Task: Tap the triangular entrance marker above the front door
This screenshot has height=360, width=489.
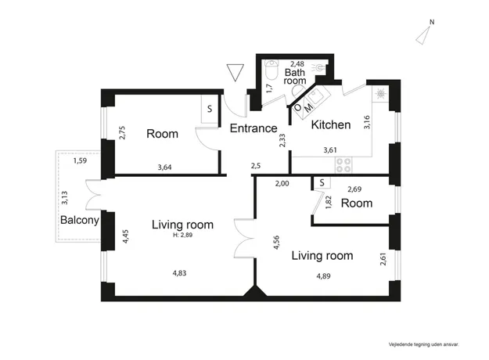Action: pyautogui.click(x=236, y=72)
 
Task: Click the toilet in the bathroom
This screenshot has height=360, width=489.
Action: pyautogui.click(x=271, y=70)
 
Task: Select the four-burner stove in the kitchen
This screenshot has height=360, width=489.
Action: pyautogui.click(x=343, y=165)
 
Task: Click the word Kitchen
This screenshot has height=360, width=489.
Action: pyautogui.click(x=331, y=124)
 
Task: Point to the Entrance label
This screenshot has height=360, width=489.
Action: pyautogui.click(x=253, y=128)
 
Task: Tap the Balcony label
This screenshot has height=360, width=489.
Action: pyautogui.click(x=80, y=220)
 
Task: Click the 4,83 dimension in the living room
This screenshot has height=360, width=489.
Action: pyautogui.click(x=179, y=273)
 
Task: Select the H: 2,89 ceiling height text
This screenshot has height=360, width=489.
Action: pyautogui.click(x=183, y=235)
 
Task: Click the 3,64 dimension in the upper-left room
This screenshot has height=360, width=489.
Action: pyautogui.click(x=164, y=167)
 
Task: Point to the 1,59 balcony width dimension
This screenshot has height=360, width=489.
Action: pyautogui.click(x=80, y=161)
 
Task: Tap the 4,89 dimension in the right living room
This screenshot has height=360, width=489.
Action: pyautogui.click(x=323, y=276)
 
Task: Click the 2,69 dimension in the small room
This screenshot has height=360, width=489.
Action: pyautogui.click(x=354, y=189)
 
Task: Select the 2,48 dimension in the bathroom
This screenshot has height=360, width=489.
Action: pyautogui.click(x=297, y=64)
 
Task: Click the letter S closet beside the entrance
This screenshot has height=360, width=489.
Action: pyautogui.click(x=210, y=109)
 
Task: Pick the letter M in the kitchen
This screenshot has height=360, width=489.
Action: pyautogui.click(x=308, y=108)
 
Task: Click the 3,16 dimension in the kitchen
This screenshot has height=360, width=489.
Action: pyautogui.click(x=367, y=122)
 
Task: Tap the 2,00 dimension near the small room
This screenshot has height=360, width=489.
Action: pyautogui.click(x=282, y=183)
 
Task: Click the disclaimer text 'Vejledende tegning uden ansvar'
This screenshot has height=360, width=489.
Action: pyautogui.click(x=424, y=344)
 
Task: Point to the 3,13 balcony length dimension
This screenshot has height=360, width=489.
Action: pyautogui.click(x=65, y=198)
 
